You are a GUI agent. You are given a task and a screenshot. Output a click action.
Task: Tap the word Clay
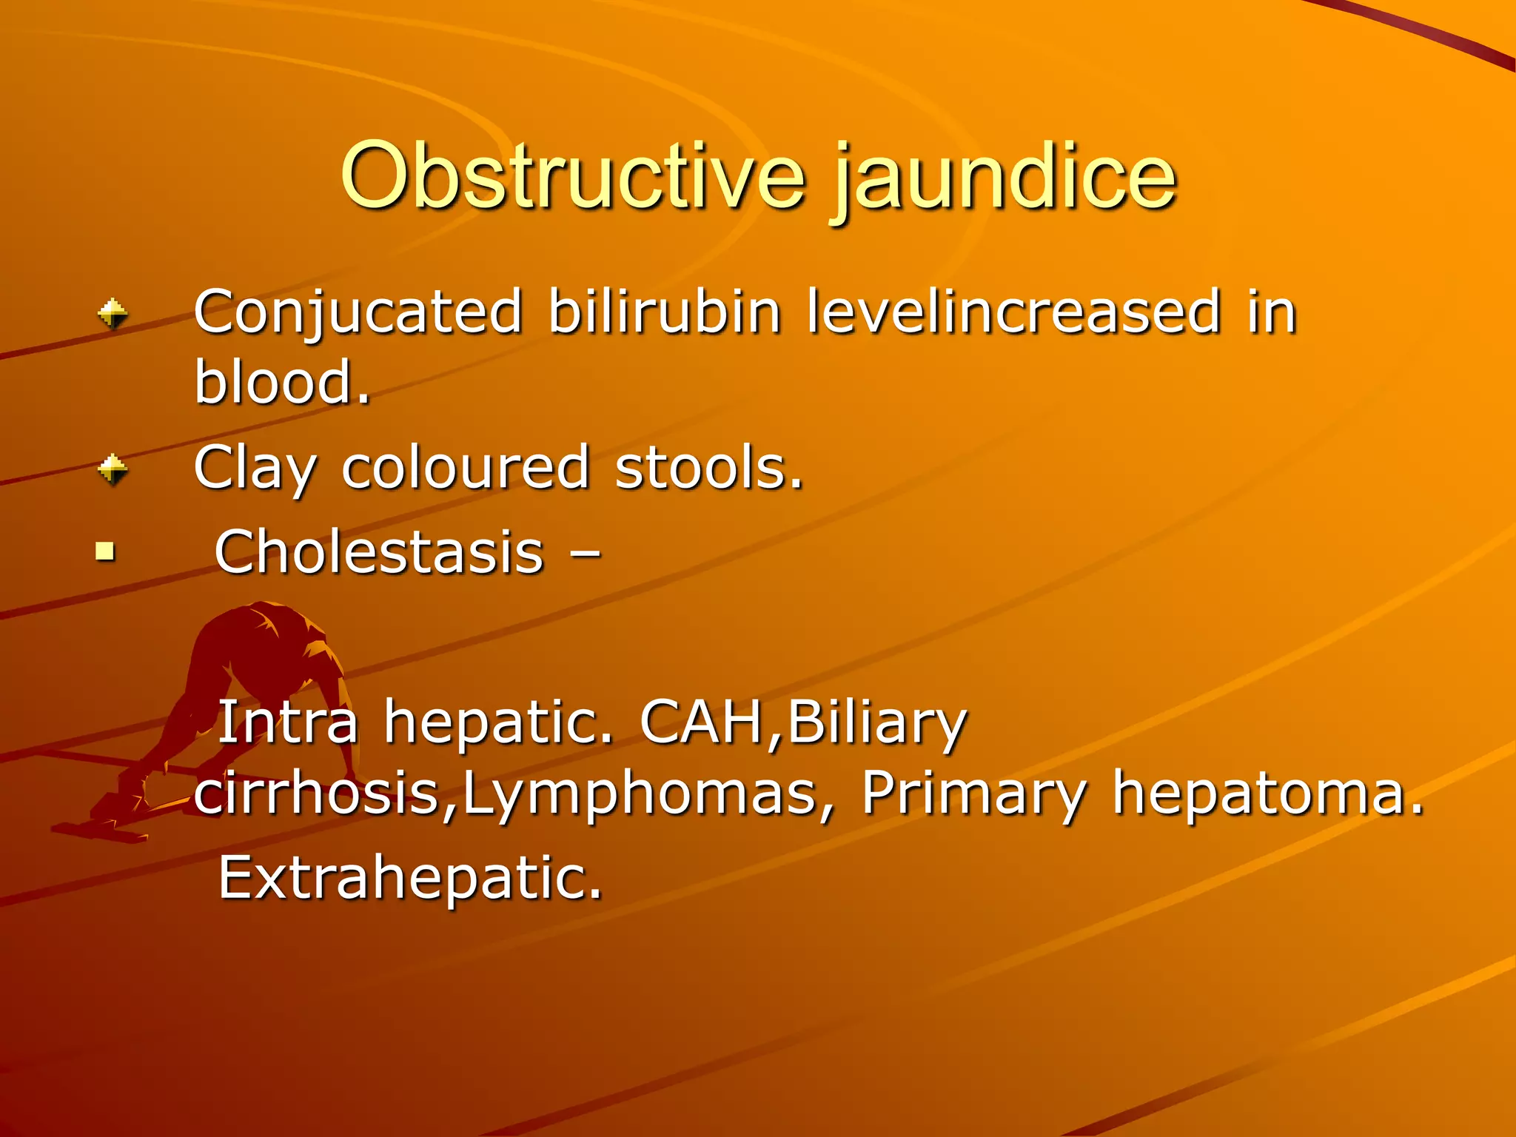pos(255,469)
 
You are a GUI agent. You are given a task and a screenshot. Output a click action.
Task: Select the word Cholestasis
pos(379,552)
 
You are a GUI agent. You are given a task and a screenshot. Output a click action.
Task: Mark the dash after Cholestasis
pos(586,554)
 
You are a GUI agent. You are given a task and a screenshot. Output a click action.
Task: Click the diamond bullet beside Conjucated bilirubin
pos(113,314)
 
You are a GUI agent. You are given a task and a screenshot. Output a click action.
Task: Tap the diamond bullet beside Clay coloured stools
pos(113,469)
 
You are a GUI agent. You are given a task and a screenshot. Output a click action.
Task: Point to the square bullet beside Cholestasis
pos(106,551)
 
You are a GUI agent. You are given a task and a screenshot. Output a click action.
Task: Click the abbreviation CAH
pos(702,722)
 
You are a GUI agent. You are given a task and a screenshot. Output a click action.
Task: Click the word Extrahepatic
pos(410,878)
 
